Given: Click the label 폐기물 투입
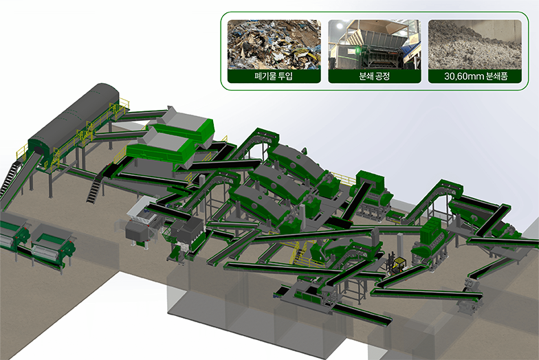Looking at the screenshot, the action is pyautogui.click(x=274, y=76).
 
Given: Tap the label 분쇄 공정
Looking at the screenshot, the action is pyautogui.click(x=374, y=76).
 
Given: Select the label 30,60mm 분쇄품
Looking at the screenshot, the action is pyautogui.click(x=476, y=76).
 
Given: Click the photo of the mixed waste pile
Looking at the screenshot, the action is pyautogui.click(x=274, y=45).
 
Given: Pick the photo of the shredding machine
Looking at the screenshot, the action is pyautogui.click(x=375, y=45).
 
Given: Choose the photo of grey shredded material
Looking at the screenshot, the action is pyautogui.click(x=474, y=45).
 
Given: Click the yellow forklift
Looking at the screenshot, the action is pyautogui.click(x=398, y=265).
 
